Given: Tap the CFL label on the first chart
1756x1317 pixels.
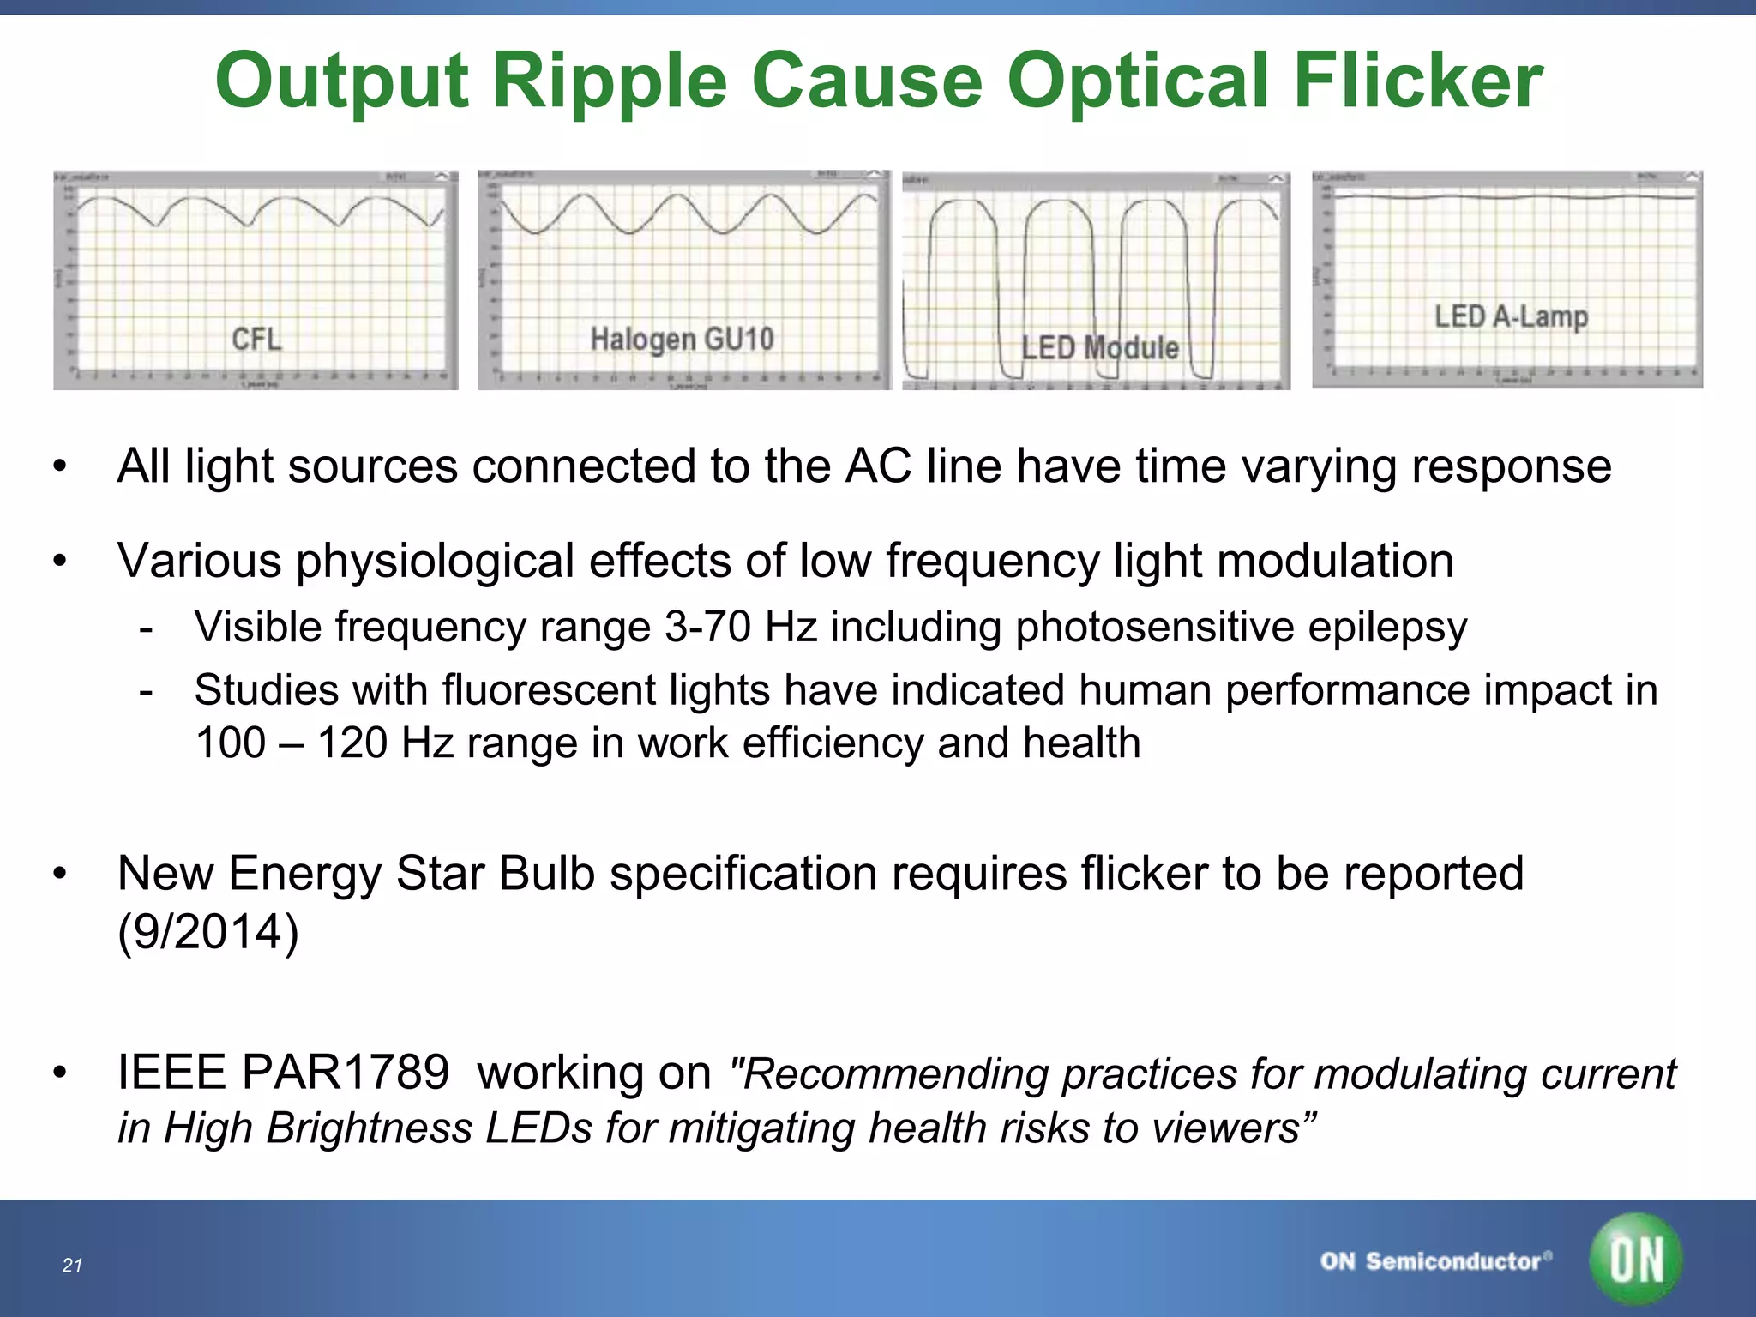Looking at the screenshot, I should (x=256, y=339).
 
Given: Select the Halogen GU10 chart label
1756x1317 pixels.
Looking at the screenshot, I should (x=682, y=339).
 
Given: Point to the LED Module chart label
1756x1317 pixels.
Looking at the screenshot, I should (x=1100, y=348).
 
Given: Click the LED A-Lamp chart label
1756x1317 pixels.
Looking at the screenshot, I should (x=1511, y=316).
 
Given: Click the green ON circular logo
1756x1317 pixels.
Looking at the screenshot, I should (x=1635, y=1260).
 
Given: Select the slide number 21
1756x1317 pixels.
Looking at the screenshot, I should (x=72, y=1266).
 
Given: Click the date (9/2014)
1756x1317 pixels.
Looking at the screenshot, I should (x=208, y=931).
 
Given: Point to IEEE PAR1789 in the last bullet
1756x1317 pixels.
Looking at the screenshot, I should (x=283, y=1073).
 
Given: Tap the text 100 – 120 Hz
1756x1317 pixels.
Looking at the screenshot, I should (x=324, y=743).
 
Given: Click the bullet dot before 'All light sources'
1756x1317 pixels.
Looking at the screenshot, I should (x=59, y=467).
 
